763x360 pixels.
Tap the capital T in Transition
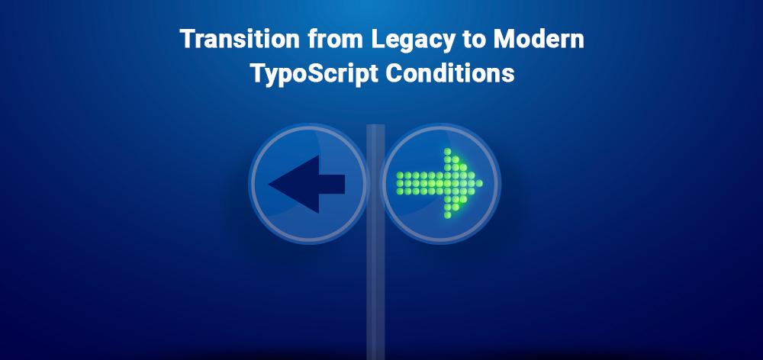(185, 40)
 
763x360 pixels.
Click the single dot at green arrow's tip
(481, 183)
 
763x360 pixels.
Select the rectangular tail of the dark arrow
(331, 184)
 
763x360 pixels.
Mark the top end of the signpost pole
(375, 127)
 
